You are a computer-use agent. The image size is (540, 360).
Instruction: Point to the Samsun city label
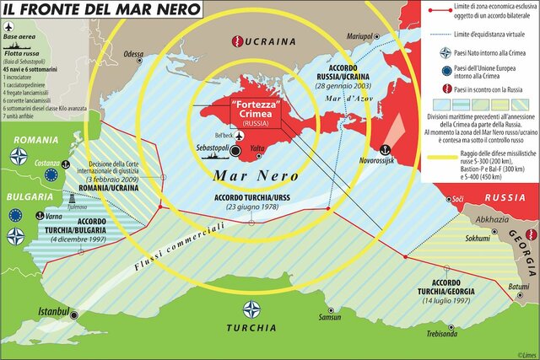(330, 317)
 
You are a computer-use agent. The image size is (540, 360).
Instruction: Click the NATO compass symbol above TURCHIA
(251, 309)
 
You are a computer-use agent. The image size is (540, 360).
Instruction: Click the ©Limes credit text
(523, 353)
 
